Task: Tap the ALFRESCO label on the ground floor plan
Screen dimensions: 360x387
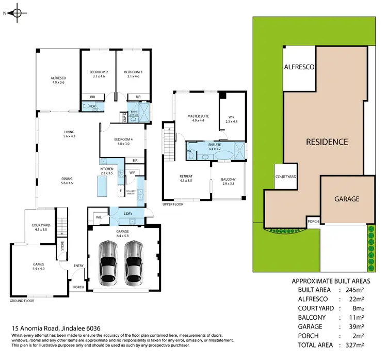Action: coord(58,78)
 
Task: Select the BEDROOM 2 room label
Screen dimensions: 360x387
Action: coord(98,72)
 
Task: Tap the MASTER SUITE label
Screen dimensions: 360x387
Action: coord(197,117)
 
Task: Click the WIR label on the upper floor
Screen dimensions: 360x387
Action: coord(231,117)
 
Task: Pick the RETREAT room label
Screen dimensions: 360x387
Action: coord(186,176)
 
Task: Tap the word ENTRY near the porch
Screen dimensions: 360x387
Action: coord(78,266)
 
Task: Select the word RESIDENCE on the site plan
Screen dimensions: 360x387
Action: coord(327,142)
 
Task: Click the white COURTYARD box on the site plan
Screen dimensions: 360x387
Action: coord(285,177)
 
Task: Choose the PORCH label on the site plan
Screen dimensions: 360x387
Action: coord(313,221)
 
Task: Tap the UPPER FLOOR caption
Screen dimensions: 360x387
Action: coord(173,204)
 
